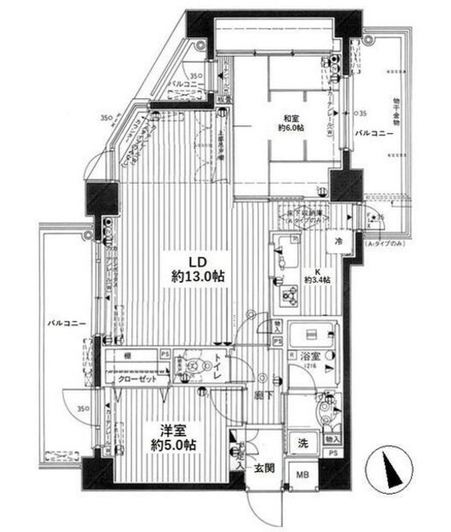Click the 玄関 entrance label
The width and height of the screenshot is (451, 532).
click(263, 468)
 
